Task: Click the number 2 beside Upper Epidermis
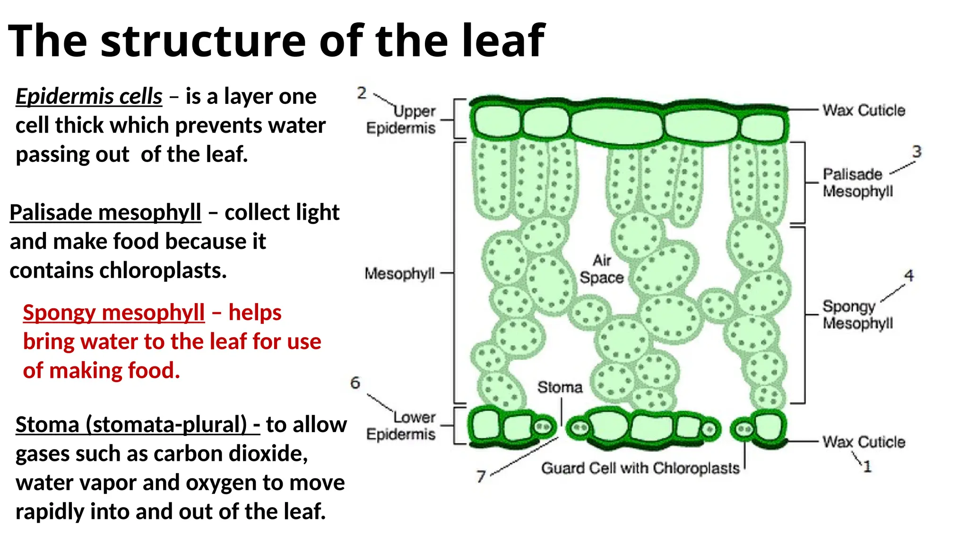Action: tap(362, 93)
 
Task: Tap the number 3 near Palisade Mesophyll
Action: tap(916, 152)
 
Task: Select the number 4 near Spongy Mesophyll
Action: tap(909, 275)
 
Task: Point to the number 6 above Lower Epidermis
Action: tap(355, 382)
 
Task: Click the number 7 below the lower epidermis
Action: tap(481, 476)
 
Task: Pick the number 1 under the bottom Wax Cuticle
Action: tap(867, 467)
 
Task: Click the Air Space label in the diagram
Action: tap(602, 269)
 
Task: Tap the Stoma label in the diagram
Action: tap(560, 387)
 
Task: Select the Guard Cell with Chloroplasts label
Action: tap(640, 468)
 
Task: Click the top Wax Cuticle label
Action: tap(864, 110)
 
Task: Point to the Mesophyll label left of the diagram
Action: tap(399, 273)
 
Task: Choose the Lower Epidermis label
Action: tap(401, 425)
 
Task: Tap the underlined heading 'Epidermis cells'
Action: tap(89, 96)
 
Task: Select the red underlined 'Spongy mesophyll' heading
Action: tap(114, 313)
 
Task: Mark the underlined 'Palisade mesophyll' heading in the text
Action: tap(105, 212)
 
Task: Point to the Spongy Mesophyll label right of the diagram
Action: tap(857, 314)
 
